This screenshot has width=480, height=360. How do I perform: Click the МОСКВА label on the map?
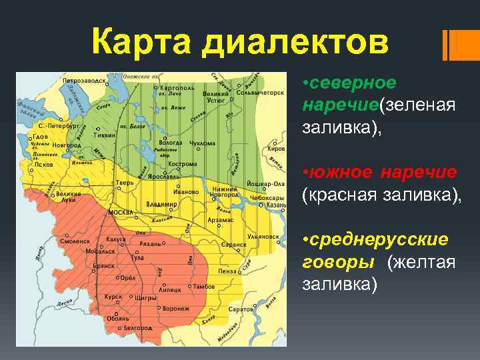point(121,213)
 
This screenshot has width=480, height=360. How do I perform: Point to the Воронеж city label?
point(176,309)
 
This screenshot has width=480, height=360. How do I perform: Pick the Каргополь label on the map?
point(174,87)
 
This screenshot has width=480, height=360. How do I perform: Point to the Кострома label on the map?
point(182,163)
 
